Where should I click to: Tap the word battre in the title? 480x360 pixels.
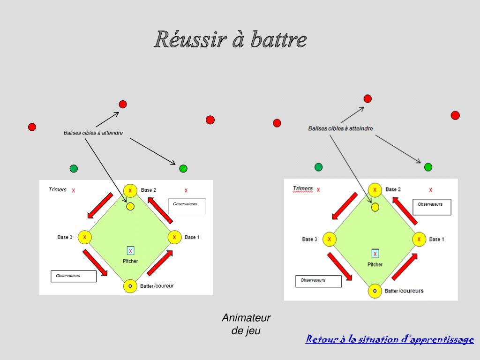[x=278, y=40]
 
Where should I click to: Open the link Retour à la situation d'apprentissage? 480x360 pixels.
[x=390, y=339]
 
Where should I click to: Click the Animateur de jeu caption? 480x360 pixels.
[x=246, y=324]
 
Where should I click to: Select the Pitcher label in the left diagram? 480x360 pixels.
[x=130, y=261]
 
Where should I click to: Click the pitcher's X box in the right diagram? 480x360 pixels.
[x=375, y=254]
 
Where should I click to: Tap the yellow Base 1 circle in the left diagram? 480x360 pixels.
[x=174, y=237]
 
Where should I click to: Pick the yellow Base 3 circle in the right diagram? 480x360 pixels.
[x=329, y=239]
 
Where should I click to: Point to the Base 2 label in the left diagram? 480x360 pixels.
[x=149, y=190]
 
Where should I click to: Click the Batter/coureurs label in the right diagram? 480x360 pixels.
[x=404, y=291]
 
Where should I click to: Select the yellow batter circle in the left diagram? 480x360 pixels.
[x=130, y=285]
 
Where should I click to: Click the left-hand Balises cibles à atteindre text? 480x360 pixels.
[x=93, y=133]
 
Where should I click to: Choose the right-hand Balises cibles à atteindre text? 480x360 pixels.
[x=341, y=128]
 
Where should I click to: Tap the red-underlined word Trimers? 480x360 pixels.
[x=303, y=188]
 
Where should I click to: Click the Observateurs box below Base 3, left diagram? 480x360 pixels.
[x=73, y=276]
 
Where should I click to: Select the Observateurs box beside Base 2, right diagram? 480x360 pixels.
[x=432, y=207]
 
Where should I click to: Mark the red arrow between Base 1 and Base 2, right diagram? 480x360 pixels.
[x=405, y=211]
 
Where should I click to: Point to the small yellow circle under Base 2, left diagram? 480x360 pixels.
[x=130, y=206]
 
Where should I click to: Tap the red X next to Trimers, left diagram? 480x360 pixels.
[x=74, y=191]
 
